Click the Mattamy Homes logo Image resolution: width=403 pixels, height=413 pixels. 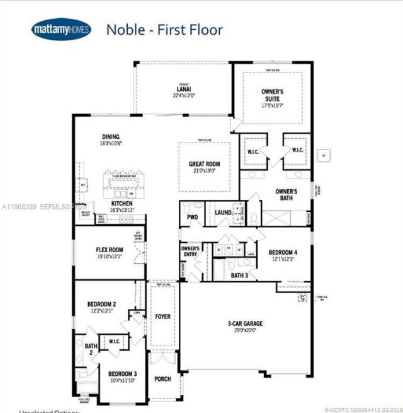(x=61, y=29)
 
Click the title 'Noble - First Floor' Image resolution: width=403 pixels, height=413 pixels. (x=164, y=29)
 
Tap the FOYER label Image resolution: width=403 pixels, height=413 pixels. (x=163, y=317)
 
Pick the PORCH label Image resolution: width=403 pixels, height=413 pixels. (x=163, y=379)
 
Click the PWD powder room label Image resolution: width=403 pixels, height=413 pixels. (x=192, y=218)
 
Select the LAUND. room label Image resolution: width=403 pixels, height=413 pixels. (x=224, y=213)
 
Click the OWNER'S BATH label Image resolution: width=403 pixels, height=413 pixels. (x=287, y=194)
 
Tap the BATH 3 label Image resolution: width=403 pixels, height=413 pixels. (x=239, y=275)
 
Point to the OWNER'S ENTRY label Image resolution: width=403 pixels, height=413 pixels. (x=191, y=252)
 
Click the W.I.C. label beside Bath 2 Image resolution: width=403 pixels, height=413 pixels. (x=114, y=342)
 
